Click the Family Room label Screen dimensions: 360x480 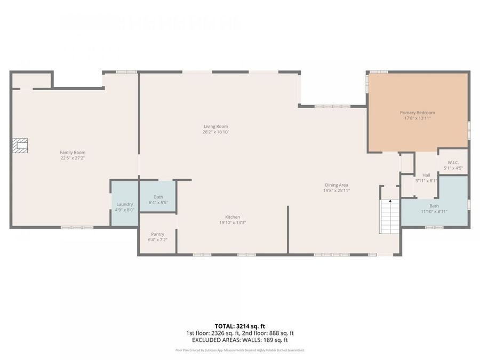coord(73,153)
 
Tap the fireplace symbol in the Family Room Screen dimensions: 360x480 coord(20,146)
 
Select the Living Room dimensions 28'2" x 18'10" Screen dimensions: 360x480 coord(215,132)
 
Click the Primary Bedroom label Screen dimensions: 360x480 coord(417,113)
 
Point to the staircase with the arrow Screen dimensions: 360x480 coord(390,216)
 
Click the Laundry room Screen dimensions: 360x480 coord(125,204)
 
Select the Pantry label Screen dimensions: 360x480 coord(157,234)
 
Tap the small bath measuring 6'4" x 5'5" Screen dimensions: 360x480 coord(158,199)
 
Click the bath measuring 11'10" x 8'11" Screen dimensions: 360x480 coord(434,209)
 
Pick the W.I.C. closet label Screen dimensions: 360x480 coord(453,163)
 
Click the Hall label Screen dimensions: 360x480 coord(426,175)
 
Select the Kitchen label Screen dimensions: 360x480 coord(232,217)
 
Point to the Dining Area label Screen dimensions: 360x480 coord(336,185)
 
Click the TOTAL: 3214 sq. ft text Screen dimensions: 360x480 coord(240,326)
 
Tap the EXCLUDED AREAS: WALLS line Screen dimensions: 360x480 coord(240,339)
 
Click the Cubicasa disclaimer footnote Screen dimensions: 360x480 coord(240,350)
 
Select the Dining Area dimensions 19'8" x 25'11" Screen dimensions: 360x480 coord(336,190)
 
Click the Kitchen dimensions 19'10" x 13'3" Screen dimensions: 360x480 coord(232,222)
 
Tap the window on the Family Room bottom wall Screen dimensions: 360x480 coord(77,228)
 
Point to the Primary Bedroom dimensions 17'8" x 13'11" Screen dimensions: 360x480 coord(417,118)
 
